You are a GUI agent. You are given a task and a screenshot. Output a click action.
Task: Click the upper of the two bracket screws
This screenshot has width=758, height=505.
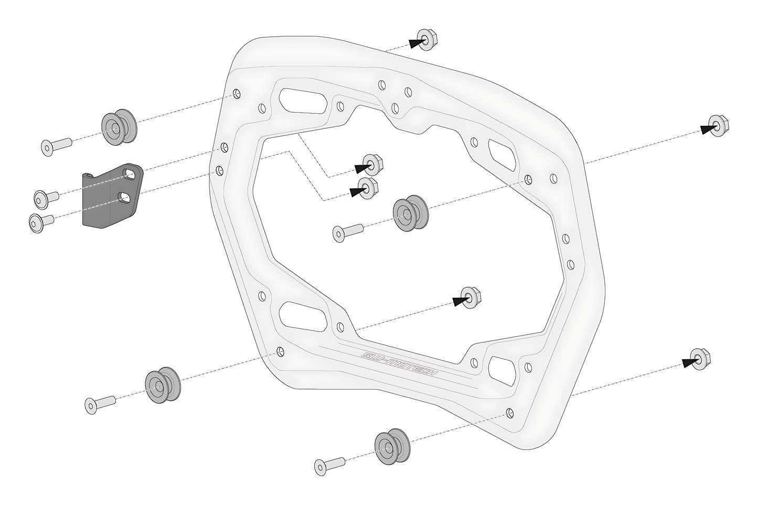pyautogui.click(x=46, y=197)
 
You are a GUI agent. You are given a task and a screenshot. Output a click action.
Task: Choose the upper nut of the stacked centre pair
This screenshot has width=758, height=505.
pyautogui.click(x=371, y=164)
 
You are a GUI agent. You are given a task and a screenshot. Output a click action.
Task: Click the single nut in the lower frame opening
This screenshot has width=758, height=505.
pyautogui.click(x=469, y=297)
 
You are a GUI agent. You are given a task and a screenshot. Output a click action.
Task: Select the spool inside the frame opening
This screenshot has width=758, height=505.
pyautogui.click(x=410, y=213)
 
